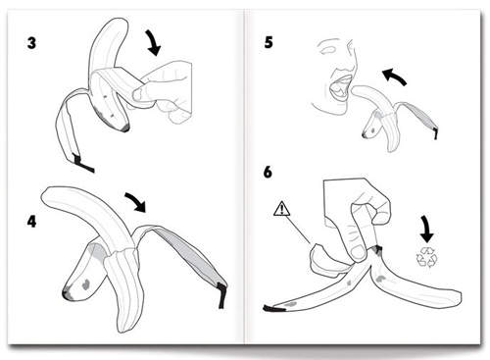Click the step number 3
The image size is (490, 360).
coord(31,43)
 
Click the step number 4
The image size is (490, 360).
coord(31,222)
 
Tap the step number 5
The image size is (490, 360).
coord(269,42)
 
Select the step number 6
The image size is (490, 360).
coord(268,172)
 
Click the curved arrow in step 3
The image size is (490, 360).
coord(155,41)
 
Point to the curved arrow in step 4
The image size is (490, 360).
coord(137,200)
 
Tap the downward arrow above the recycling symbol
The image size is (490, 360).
coord(426,229)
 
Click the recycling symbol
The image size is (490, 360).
coord(426,256)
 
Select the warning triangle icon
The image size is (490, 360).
coord(282,209)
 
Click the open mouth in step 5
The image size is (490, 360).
coord(340,86)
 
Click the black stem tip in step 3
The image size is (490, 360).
coord(83,163)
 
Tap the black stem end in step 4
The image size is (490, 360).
coord(222,295)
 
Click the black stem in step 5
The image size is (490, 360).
coord(435,133)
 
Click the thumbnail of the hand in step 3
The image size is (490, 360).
coord(137,95)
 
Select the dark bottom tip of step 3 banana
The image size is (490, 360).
coord(124,128)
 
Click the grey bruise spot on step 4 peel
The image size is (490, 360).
coord(86,283)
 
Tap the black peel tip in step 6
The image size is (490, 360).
coord(273,308)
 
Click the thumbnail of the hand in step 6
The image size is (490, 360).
coord(358,252)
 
